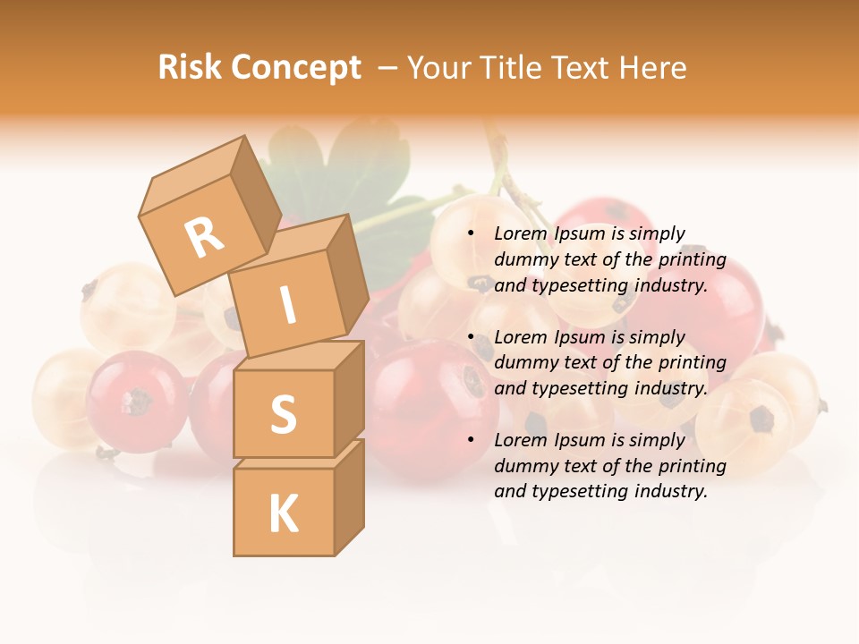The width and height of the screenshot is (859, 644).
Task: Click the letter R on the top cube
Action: pyautogui.click(x=205, y=237)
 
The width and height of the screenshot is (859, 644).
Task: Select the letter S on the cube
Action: pyautogui.click(x=283, y=414)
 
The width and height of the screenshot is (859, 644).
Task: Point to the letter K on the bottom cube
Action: pyautogui.click(x=284, y=514)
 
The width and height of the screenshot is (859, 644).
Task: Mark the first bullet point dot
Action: pyautogui.click(x=471, y=234)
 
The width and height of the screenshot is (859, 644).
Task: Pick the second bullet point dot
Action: pyautogui.click(x=471, y=338)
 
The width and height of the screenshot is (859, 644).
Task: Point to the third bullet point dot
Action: pyautogui.click(x=471, y=441)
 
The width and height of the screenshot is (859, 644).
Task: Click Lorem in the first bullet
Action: pyautogui.click(x=520, y=234)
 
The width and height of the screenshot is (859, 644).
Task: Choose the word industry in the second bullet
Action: pyautogui.click(x=671, y=389)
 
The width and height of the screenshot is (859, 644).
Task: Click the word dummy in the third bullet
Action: pyautogui.click(x=523, y=466)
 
